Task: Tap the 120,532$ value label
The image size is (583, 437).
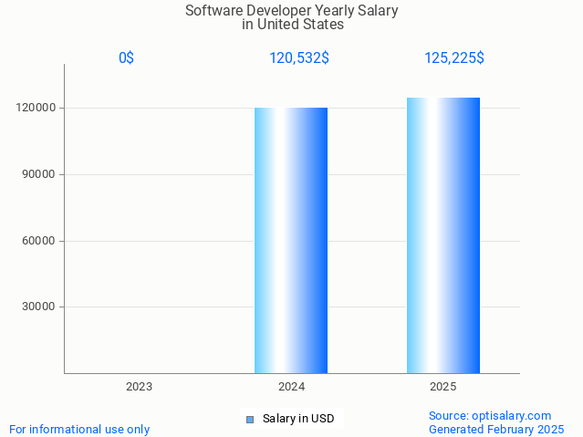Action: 299,58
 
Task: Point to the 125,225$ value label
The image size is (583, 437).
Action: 453,58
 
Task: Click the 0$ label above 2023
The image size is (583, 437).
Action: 126,58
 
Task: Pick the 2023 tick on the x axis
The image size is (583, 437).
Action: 139,387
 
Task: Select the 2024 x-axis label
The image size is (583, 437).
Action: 291,387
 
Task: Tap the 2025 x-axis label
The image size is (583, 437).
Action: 443,387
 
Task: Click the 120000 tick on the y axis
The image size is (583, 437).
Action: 37,108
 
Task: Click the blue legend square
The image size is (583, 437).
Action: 249,420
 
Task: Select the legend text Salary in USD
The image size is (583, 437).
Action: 298,420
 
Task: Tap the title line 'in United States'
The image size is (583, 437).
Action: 292,25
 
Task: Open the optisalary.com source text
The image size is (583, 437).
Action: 489,416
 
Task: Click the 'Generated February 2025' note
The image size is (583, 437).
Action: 496,429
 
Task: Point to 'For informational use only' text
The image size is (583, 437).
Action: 79,429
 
